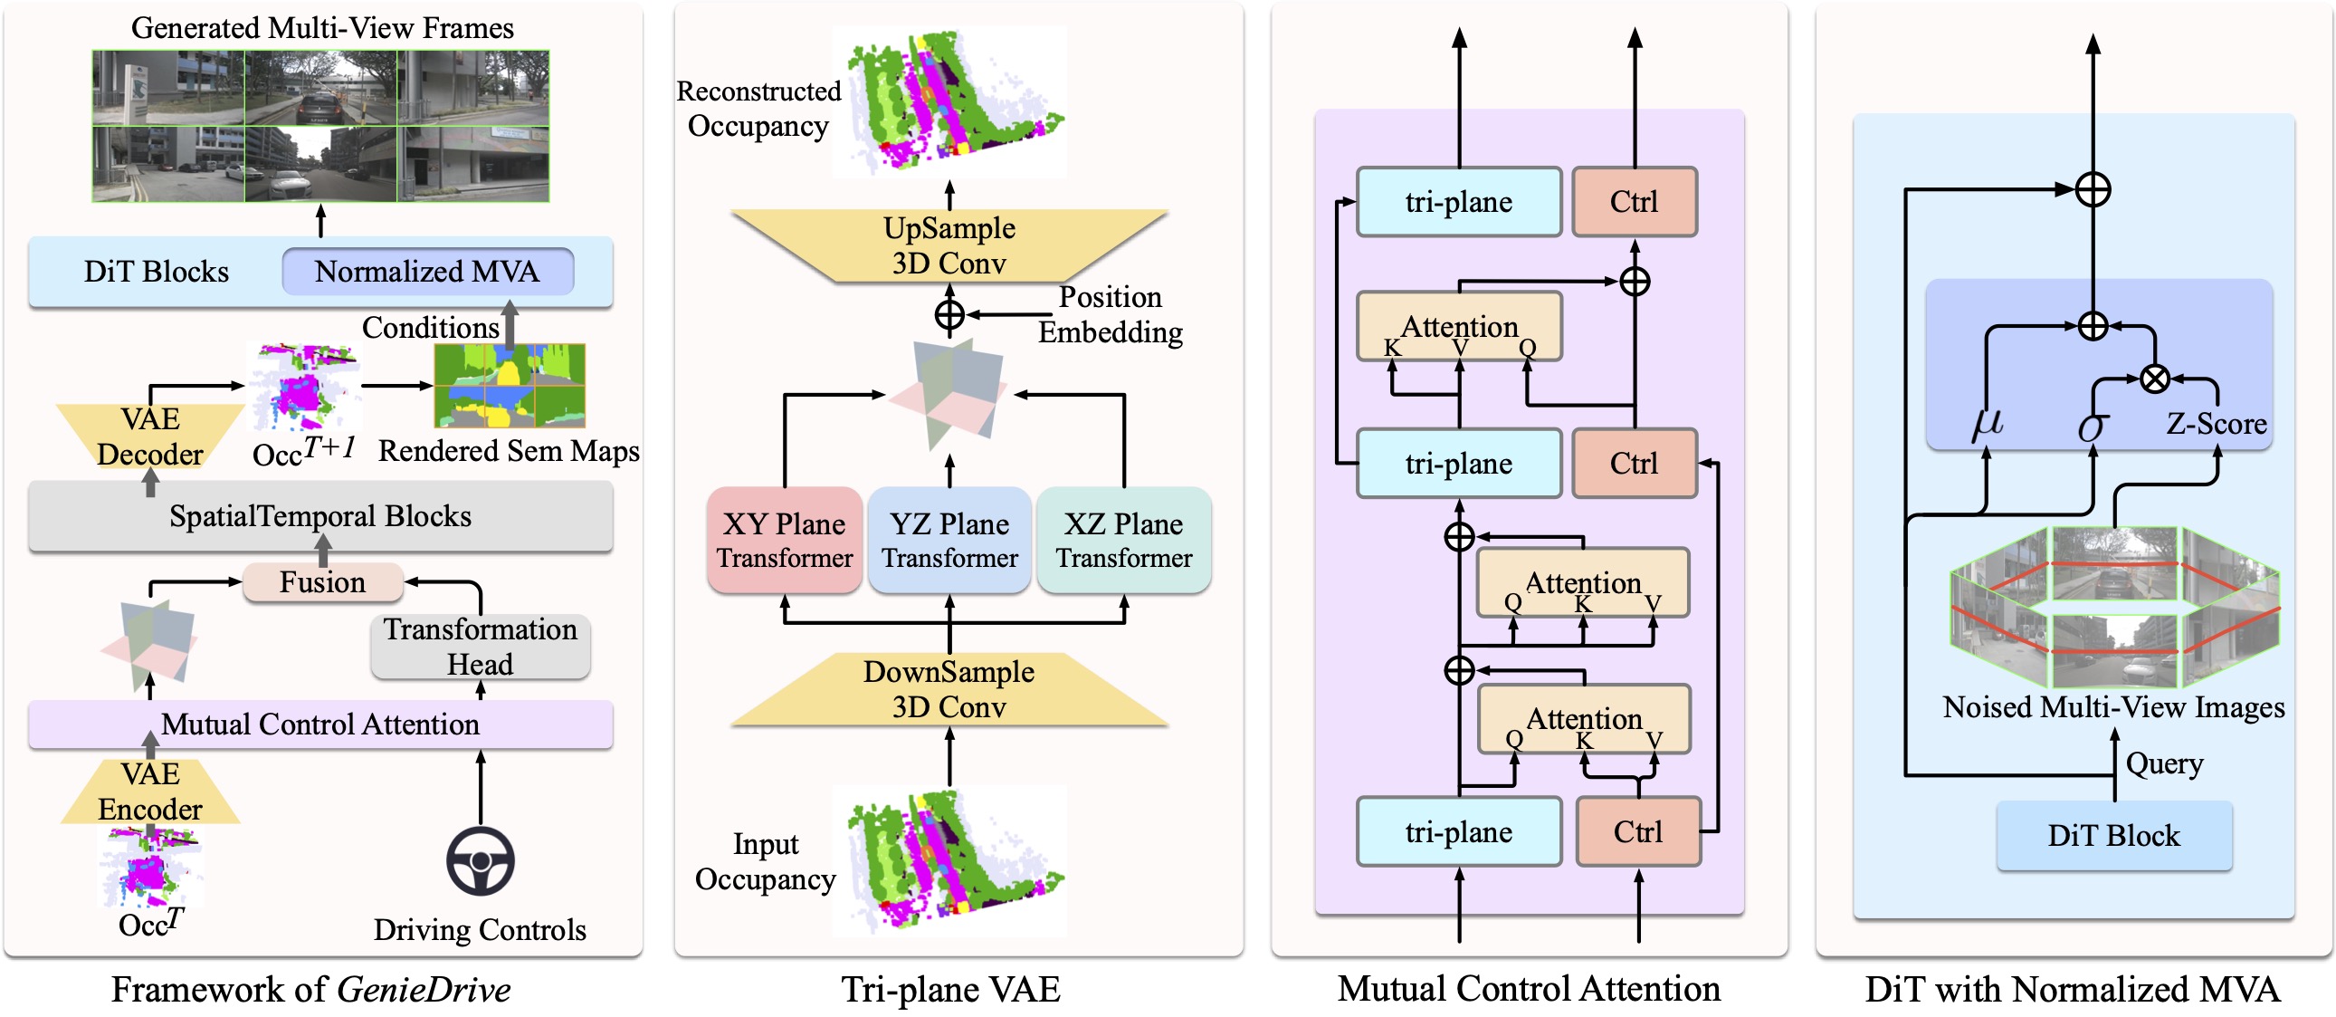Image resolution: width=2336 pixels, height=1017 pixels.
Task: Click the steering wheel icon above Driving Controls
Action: coord(480,861)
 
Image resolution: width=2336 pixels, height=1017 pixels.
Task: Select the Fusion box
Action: coord(323,582)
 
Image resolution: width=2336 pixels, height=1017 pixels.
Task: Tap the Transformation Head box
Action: coord(480,647)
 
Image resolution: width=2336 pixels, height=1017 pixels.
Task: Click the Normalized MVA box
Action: coord(427,272)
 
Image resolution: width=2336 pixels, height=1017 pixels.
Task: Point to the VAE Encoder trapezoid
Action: coord(150,792)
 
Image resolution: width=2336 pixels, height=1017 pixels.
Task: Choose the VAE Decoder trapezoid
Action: coord(150,437)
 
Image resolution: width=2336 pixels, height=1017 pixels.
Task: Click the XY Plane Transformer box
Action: coord(785,541)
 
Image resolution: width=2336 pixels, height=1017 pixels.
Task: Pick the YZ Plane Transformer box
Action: coord(949,541)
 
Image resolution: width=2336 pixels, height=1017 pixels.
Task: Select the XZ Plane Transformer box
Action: coord(1123,541)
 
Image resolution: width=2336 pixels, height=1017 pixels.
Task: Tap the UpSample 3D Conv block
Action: coord(949,245)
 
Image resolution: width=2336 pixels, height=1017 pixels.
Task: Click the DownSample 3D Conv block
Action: coord(949,689)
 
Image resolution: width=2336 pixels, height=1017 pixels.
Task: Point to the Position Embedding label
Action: coord(1110,315)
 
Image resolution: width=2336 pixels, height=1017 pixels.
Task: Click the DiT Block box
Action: coord(2114,836)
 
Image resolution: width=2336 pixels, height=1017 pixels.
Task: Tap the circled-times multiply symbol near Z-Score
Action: coord(2155,379)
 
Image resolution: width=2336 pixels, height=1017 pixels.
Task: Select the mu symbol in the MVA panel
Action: coord(1987,424)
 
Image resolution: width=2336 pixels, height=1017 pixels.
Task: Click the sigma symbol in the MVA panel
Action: coord(2092,426)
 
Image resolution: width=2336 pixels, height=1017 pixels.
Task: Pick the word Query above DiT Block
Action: coord(2165,764)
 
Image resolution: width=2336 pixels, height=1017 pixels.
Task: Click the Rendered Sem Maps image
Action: coord(510,386)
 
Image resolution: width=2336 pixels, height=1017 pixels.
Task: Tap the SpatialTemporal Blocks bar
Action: coord(320,516)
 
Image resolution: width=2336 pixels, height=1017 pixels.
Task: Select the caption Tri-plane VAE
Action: coord(950,990)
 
